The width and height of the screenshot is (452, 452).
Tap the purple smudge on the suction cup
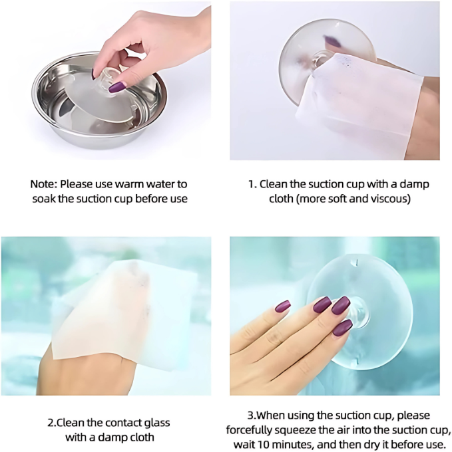(x=332, y=41)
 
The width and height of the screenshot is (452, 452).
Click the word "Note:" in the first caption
(x=43, y=184)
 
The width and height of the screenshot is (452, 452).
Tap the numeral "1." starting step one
(x=252, y=184)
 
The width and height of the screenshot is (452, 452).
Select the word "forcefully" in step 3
(x=249, y=430)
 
